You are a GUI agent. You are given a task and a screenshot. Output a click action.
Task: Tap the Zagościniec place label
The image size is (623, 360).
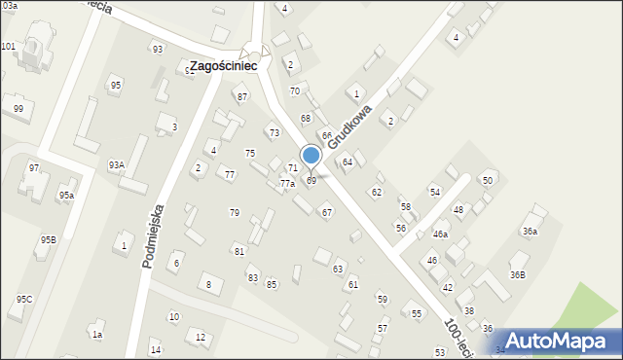click(x=223, y=66)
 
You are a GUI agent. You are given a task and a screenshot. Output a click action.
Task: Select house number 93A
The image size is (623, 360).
click(x=116, y=165)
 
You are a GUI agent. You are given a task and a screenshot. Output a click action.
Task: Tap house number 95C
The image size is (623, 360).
click(x=23, y=300)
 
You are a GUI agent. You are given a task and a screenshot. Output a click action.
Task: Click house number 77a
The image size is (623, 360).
click(x=287, y=183)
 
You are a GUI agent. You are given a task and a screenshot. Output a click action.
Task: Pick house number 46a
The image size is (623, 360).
click(x=441, y=234)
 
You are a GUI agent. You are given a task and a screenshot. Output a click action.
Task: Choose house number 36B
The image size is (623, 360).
click(x=517, y=275)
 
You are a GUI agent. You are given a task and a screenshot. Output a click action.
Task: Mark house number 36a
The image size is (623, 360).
click(x=530, y=232)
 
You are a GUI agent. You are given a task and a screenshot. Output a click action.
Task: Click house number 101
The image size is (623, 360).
click(x=8, y=47)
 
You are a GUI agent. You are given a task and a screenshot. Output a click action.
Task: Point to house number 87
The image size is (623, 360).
click(x=242, y=96)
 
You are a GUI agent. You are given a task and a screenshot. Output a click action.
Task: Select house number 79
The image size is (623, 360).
click(x=234, y=212)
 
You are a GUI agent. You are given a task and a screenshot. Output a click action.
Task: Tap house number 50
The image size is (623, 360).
click(x=488, y=181)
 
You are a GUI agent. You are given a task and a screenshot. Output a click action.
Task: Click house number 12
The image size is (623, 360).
click(x=201, y=337)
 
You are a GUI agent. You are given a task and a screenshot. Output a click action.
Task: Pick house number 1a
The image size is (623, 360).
click(x=96, y=335)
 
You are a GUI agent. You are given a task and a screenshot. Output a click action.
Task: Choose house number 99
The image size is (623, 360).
click(x=18, y=108)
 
